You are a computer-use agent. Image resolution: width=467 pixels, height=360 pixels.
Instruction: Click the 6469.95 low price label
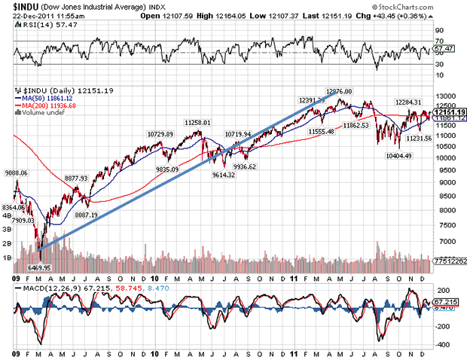tap(38, 267)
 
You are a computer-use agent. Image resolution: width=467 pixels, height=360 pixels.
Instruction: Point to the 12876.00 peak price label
tap(341, 91)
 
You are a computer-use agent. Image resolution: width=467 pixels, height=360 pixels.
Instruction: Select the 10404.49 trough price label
tap(400, 155)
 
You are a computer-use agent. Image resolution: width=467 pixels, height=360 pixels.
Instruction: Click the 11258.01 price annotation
tap(197, 123)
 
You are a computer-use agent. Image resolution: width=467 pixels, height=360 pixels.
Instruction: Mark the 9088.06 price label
tap(15, 173)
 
